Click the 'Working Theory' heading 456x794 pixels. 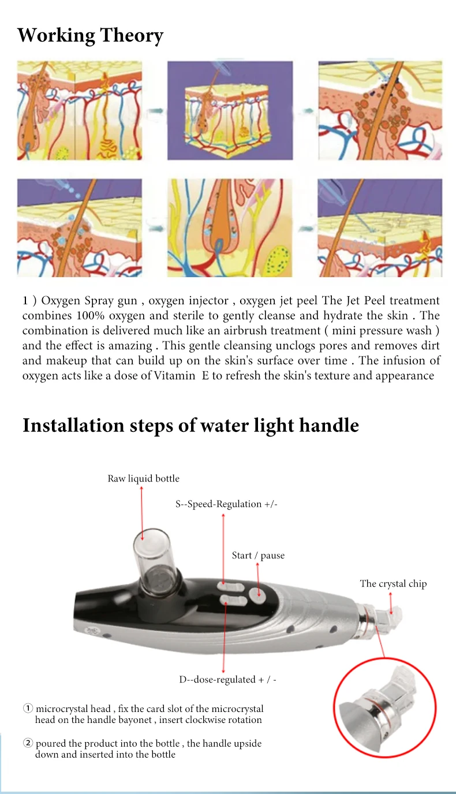coord(91,36)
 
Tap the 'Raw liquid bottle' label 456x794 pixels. coord(143,478)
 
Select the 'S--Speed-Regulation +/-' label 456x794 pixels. coord(227,504)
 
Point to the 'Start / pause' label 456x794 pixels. coord(258,556)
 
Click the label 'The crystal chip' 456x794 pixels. coord(393,583)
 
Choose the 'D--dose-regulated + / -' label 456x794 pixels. coord(227,679)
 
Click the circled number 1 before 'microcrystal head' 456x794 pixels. coord(28,709)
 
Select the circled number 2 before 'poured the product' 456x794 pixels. coord(28,743)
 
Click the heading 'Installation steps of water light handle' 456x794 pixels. coord(190,426)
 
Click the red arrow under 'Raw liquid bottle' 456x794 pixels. coord(142,508)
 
